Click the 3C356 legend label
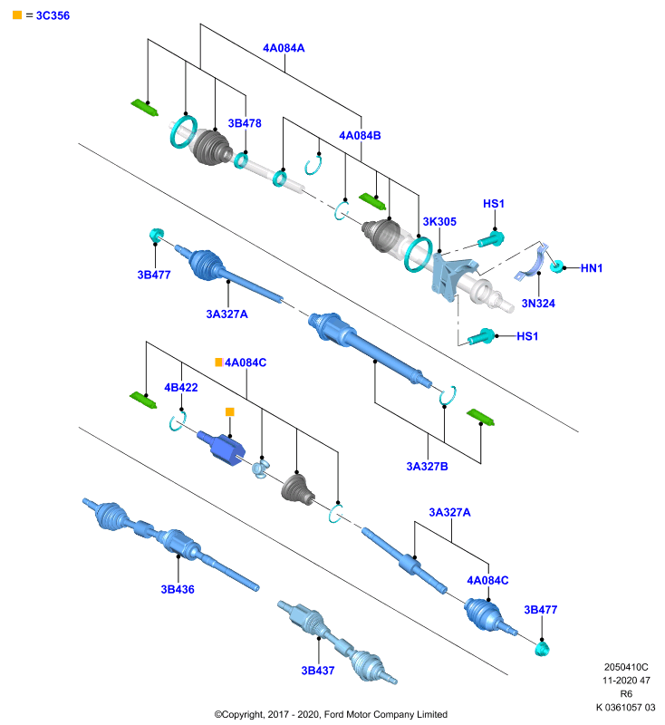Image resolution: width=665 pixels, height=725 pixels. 53,15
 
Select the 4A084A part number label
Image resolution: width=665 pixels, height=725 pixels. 284,48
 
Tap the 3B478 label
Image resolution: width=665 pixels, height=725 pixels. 245,123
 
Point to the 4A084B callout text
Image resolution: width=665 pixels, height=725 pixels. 360,135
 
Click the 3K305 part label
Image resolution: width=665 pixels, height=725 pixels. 439,221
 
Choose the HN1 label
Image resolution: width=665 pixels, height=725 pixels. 592,268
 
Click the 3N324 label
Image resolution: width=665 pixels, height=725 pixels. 538,304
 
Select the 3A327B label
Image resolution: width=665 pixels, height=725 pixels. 427,466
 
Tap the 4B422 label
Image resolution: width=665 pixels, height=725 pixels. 181,388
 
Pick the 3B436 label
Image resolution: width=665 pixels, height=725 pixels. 178,590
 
